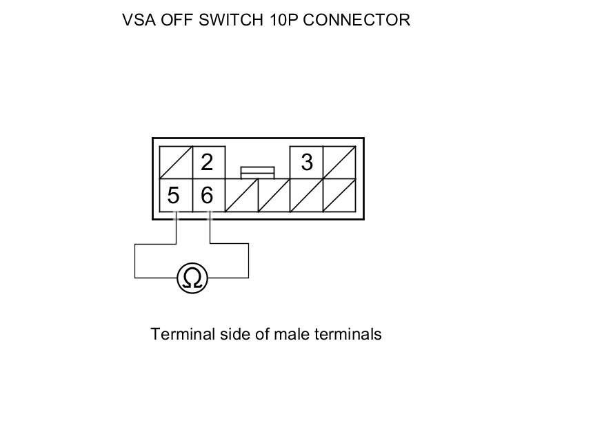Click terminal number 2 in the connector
point(207,163)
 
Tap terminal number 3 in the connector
point(307,163)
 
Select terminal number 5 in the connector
point(173,196)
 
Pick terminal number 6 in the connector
point(207,196)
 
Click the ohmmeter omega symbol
point(192,278)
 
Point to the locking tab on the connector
point(257,172)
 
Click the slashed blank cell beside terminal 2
point(175,163)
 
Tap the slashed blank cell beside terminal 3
point(339,163)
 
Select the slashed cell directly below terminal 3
point(306,196)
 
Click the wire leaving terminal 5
point(176,231)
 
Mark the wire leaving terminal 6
point(210,231)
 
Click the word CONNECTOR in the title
point(356,20)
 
